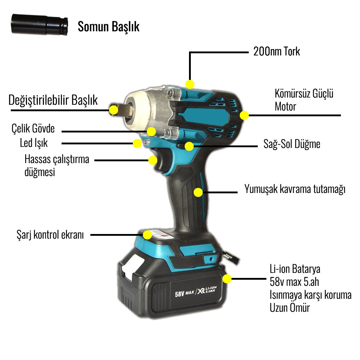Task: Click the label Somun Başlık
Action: tap(108, 27)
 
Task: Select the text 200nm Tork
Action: tap(276, 51)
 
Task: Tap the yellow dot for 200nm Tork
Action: tap(190, 84)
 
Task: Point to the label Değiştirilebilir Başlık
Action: tap(53, 100)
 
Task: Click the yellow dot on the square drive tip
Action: tap(114, 109)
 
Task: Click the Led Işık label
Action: tap(34, 143)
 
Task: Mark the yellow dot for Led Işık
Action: tap(137, 143)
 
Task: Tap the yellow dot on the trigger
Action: tap(153, 160)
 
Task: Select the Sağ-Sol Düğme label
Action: tap(292, 144)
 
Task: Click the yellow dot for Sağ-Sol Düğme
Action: tap(189, 146)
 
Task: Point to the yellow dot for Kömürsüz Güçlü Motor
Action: tap(244, 116)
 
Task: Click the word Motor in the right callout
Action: tap(285, 107)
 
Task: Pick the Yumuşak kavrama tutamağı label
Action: tap(295, 189)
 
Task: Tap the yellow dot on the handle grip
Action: tap(198, 192)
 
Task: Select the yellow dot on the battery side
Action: tap(227, 279)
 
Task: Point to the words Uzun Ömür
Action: tap(289, 308)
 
